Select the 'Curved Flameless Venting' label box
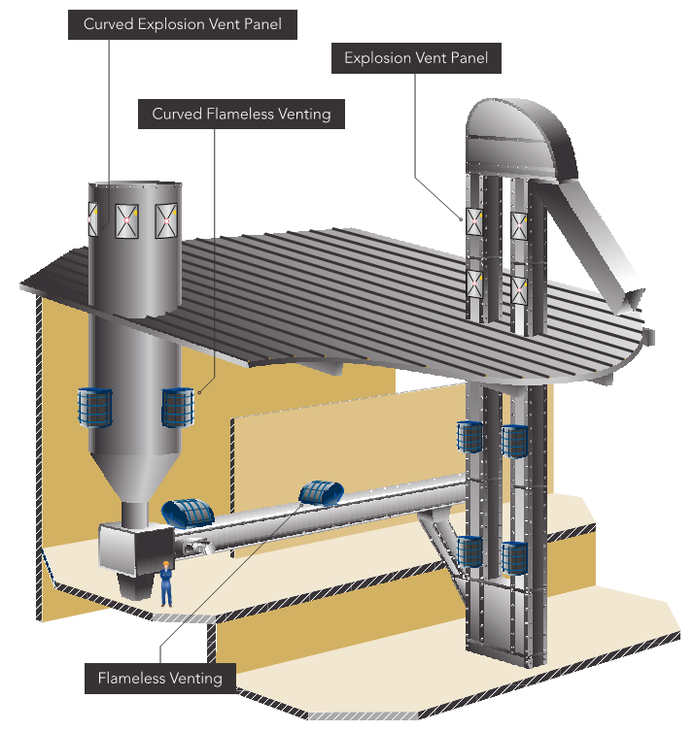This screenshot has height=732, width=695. click(241, 114)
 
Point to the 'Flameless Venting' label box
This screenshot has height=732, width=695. click(159, 678)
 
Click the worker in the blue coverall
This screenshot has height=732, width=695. click(166, 585)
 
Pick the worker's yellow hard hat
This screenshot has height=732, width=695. click(166, 564)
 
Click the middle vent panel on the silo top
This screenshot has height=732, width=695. click(127, 220)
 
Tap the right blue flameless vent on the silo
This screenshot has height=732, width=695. click(178, 407)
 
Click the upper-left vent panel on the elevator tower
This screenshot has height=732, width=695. click(474, 221)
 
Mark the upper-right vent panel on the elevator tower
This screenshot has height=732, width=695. click(520, 225)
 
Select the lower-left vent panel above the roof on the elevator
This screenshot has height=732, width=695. click(474, 283)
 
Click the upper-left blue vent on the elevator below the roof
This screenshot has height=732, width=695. click(470, 437)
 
